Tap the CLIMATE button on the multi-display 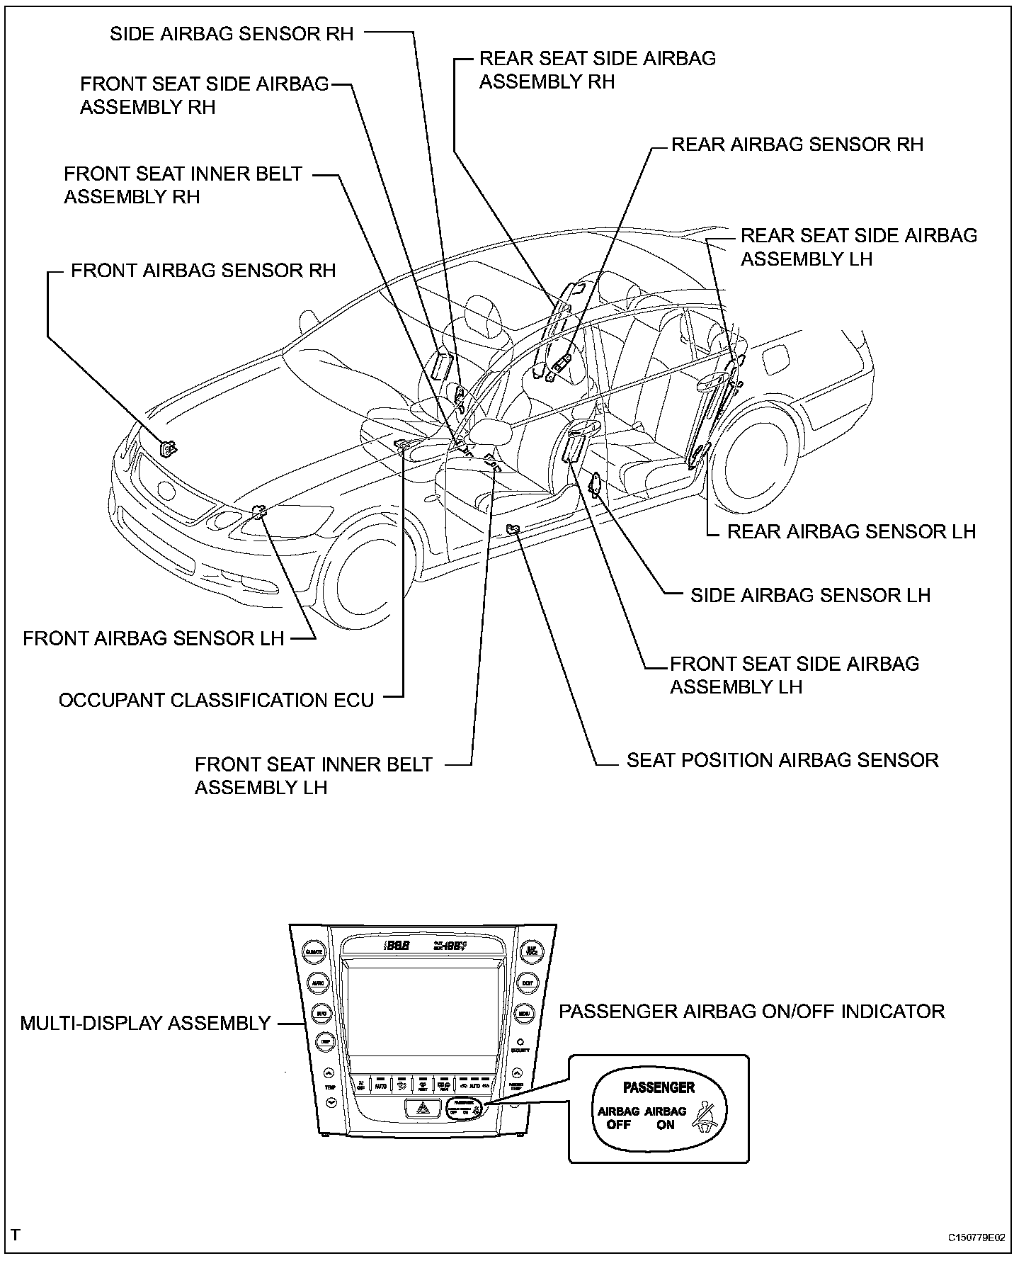(313, 952)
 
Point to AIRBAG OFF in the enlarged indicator (618, 1118)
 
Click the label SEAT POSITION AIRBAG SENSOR (782, 761)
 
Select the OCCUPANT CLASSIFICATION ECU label (216, 701)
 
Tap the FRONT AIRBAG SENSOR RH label (203, 271)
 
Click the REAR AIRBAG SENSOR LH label (851, 532)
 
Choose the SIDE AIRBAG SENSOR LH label (810, 595)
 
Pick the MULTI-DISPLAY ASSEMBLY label (145, 1024)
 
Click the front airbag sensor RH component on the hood (169, 448)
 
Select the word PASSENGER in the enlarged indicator (659, 1087)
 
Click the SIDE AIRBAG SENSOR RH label (232, 34)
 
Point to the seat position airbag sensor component (513, 528)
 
